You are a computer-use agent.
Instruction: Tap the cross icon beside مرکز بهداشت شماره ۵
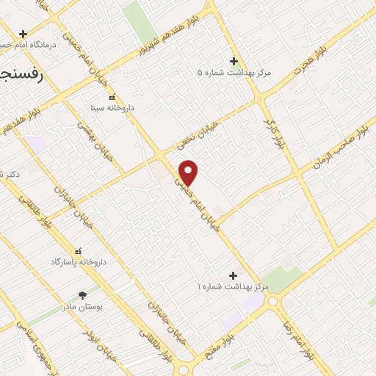[x=234, y=61]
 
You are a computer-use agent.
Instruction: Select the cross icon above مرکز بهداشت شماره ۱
[x=234, y=275]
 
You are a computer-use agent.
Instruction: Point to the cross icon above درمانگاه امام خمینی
[x=23, y=34]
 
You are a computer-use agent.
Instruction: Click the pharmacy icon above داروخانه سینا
[x=112, y=97]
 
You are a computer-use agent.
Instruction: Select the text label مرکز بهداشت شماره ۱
[x=234, y=286]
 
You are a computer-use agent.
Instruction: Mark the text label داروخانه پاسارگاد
[x=79, y=262]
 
